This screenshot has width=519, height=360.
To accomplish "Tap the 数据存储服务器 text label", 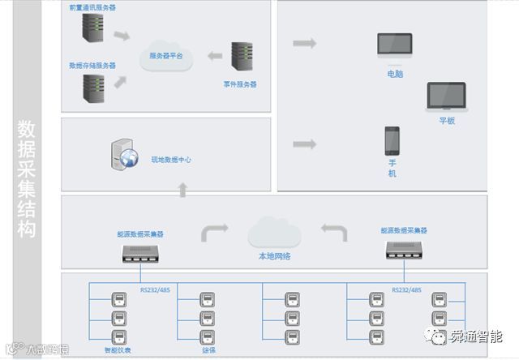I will (x=92, y=66).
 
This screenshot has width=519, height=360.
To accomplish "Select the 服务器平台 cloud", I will (x=166, y=57).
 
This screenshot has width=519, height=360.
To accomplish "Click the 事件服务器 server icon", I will (x=241, y=57).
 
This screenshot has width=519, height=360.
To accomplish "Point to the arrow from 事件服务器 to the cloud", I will (x=215, y=56).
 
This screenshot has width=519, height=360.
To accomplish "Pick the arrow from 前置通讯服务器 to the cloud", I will (x=121, y=36).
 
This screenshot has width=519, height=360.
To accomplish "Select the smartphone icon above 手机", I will (x=392, y=140).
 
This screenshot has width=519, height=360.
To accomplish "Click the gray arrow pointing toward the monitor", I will (x=304, y=43).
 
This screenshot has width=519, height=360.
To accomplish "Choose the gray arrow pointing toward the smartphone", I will (x=304, y=144).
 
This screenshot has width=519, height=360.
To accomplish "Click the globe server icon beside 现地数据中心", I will (x=123, y=156).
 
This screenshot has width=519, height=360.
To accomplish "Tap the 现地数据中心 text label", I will (x=170, y=161).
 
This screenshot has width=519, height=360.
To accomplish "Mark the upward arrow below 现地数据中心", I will (x=182, y=190).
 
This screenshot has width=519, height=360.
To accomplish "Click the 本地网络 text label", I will (x=274, y=257).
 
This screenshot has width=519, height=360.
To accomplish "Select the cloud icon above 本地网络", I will (x=274, y=233).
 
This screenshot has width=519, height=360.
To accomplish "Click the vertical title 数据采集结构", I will (x=28, y=179).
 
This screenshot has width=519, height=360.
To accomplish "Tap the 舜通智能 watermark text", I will (x=476, y=335).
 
